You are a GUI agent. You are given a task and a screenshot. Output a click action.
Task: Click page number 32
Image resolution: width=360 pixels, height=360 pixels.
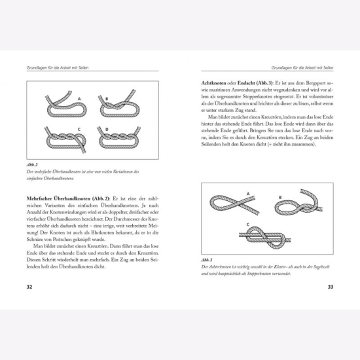(29, 286)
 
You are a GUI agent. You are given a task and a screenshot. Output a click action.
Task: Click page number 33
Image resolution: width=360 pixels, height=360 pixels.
(330, 286)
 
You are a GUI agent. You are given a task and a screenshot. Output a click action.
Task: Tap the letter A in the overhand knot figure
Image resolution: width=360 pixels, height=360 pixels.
(79, 99)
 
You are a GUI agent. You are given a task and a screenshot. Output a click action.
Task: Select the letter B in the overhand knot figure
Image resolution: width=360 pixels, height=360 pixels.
(107, 98)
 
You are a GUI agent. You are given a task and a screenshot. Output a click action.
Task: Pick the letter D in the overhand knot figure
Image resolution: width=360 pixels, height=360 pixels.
(107, 129)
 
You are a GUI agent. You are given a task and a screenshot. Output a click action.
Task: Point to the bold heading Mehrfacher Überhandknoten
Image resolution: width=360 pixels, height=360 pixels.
(64, 198)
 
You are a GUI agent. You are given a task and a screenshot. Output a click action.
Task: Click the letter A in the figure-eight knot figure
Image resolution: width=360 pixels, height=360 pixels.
(248, 194)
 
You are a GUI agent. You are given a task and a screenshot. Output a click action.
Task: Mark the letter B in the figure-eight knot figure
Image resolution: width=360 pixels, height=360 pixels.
(280, 198)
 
